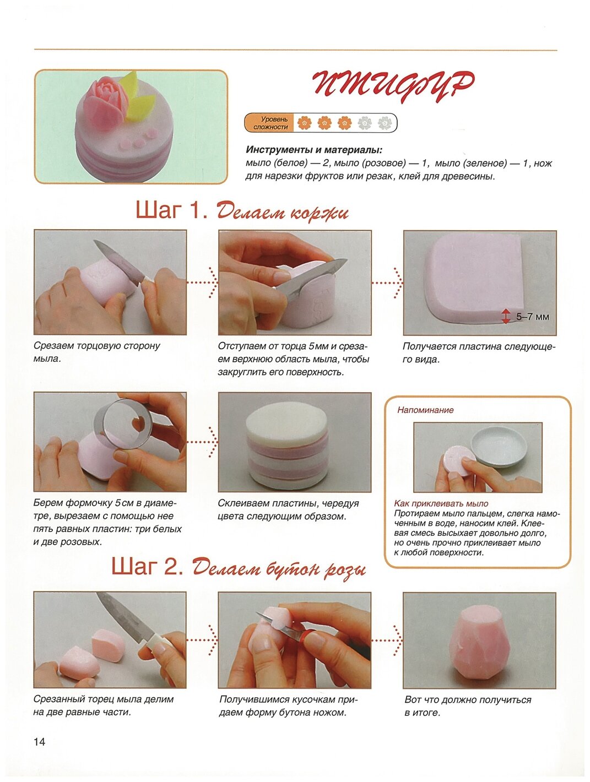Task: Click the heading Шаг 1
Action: [x=171, y=211]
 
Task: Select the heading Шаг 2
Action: [x=147, y=566]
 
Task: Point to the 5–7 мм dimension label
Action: [x=532, y=316]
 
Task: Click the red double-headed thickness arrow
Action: [x=506, y=316]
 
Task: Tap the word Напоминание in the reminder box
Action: [x=425, y=410]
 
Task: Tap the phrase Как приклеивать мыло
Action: [x=441, y=503]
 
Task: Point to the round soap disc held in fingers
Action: [x=459, y=460]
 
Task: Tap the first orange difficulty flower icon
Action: [x=304, y=123]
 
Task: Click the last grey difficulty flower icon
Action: [x=385, y=123]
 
